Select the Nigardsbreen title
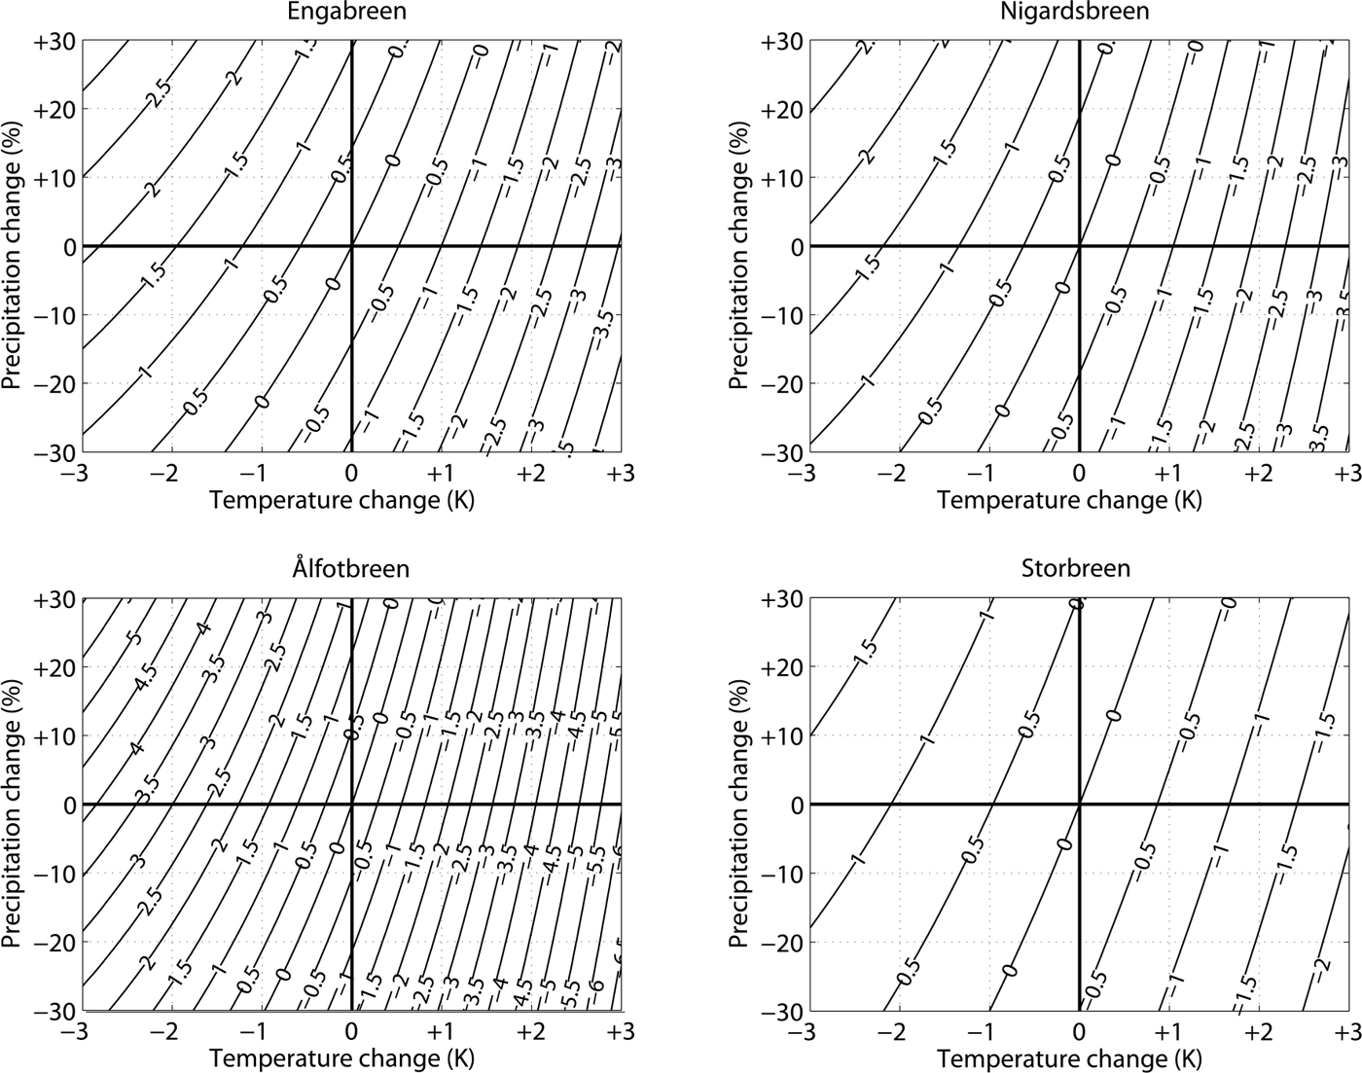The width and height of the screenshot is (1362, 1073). [1075, 12]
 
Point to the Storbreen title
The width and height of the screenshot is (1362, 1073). [1077, 568]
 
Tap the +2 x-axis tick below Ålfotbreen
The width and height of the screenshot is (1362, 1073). [530, 1031]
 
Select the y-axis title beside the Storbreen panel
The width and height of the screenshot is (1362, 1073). [739, 805]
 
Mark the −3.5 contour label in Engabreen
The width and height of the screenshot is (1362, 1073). [604, 323]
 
